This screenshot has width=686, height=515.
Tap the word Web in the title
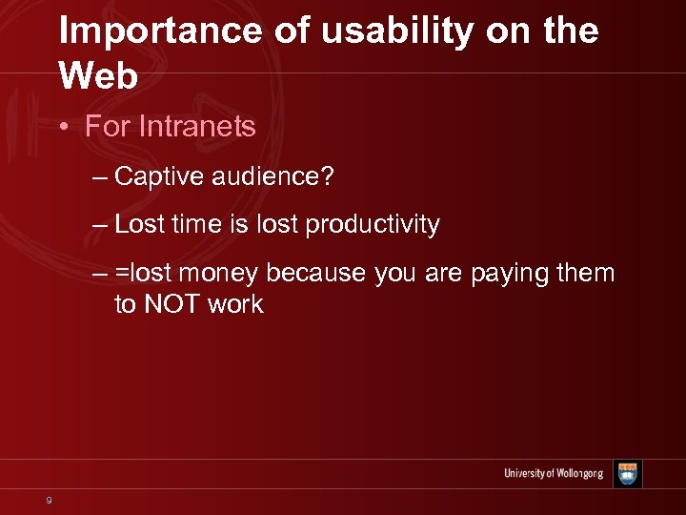pos(98,76)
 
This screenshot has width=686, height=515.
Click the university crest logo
pos(627,474)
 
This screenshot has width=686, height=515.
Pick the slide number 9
pos(48,500)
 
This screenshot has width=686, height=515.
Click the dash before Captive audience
pos(101,176)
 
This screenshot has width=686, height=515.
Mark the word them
pos(585,274)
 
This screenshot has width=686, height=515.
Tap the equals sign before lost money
pos(121,274)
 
